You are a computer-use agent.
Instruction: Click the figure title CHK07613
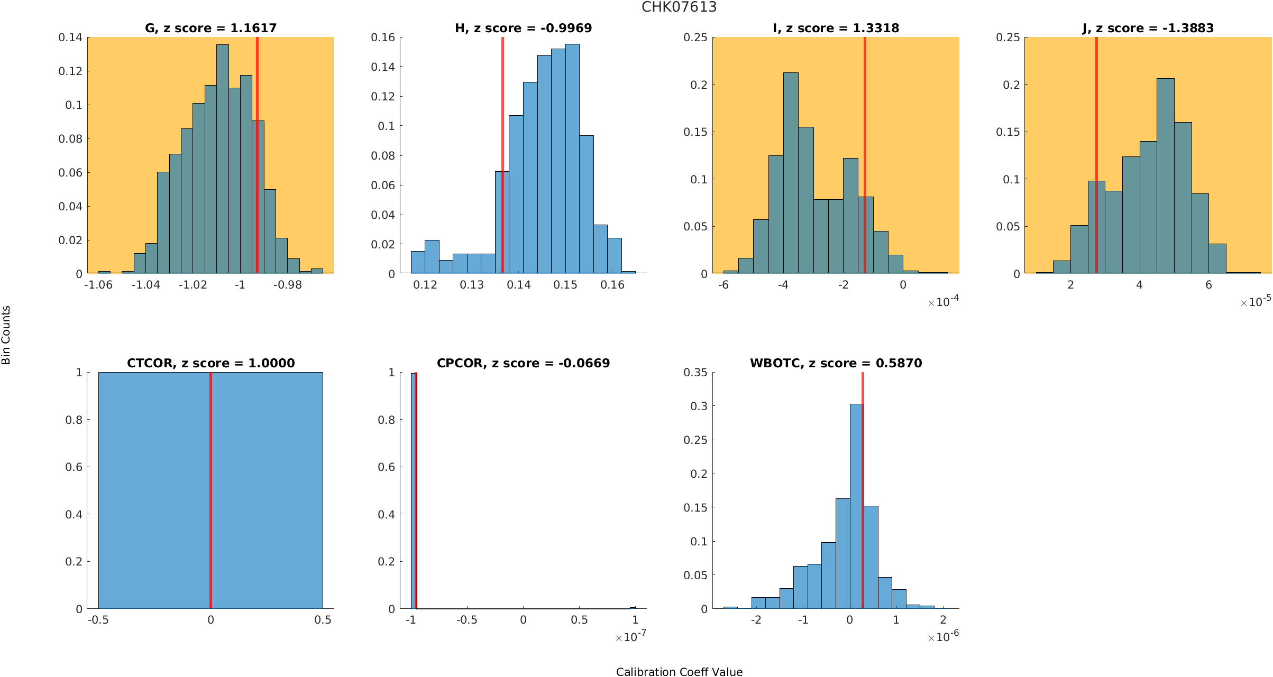tap(679, 7)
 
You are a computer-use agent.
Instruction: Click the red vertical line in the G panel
tap(257, 159)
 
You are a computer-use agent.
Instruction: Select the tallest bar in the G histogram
tap(223, 159)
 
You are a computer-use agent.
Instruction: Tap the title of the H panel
tap(523, 28)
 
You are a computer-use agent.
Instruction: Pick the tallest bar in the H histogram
tap(572, 159)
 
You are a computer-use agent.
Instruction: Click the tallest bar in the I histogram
tap(791, 174)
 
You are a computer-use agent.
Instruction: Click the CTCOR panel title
tap(210, 363)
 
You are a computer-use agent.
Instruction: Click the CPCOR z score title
tap(523, 363)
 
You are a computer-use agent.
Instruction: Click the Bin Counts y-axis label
tap(6, 335)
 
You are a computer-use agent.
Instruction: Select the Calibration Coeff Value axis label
tap(679, 672)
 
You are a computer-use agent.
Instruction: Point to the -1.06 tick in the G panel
tap(98, 285)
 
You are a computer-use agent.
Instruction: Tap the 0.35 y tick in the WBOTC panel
tap(695, 373)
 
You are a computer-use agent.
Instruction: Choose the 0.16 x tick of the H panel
tap(612, 285)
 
